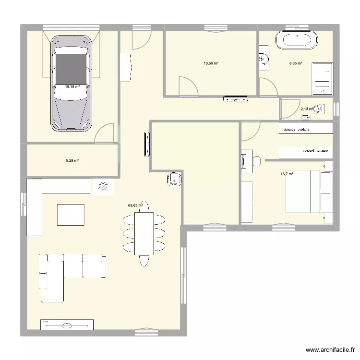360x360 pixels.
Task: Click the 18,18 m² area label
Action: coord(72,87)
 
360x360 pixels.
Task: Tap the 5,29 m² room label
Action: coord(72,160)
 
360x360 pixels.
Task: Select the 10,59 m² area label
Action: coord(211,63)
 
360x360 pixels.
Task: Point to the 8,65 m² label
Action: coord(295,63)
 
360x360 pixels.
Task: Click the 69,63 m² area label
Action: coord(135,205)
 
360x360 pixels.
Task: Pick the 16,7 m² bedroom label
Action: coord(287,174)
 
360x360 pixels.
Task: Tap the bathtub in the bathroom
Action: coord(297,40)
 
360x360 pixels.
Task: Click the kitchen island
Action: coord(71,215)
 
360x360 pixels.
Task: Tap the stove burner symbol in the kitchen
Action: coord(102,187)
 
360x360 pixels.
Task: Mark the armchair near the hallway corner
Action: coord(174,179)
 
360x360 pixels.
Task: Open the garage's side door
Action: coord(105,134)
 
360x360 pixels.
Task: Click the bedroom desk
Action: coord(247,161)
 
